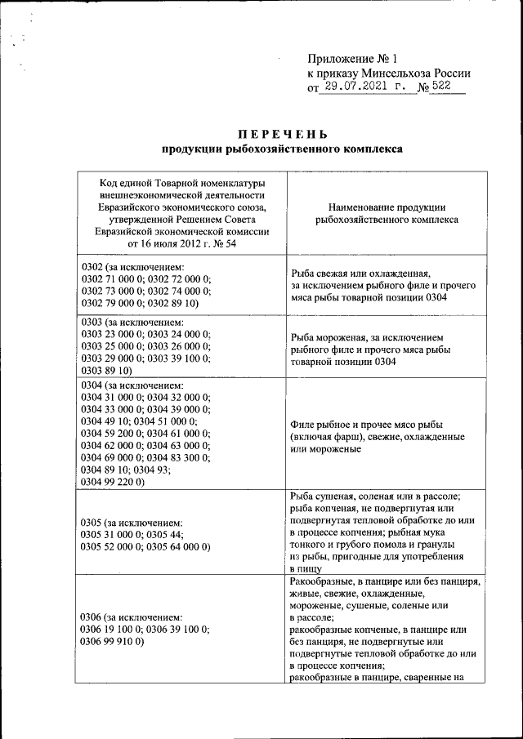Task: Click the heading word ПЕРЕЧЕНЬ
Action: coord(284,134)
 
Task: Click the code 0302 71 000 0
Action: coord(112,278)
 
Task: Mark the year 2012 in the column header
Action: coord(187,243)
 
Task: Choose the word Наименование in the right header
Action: coord(362,207)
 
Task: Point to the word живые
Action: coord(305,594)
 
